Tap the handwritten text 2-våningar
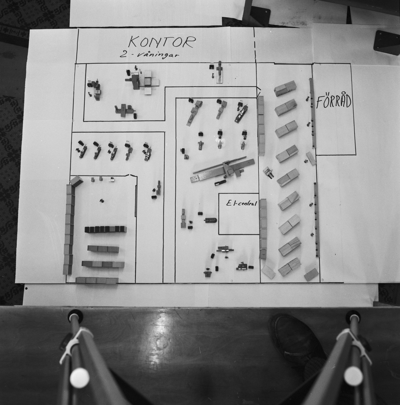[150, 55]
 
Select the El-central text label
[242, 203]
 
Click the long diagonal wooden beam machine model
[223, 170]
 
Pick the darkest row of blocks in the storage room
[106, 229]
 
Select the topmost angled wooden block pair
[285, 88]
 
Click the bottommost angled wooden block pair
[290, 267]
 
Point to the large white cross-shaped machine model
[149, 82]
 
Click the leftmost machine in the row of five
[82, 150]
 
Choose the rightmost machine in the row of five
[148, 152]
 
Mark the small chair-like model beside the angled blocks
[269, 172]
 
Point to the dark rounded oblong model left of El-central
[211, 220]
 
